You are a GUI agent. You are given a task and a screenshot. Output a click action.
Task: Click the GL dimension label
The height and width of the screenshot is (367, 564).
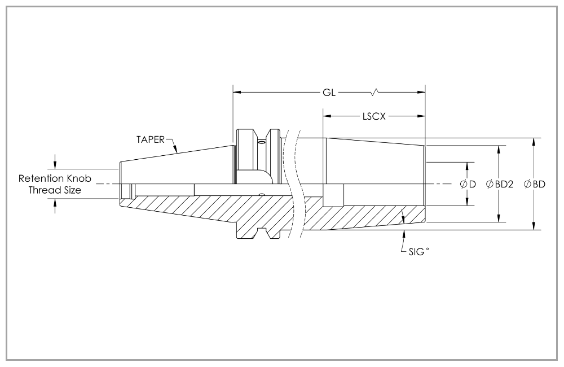(329, 92)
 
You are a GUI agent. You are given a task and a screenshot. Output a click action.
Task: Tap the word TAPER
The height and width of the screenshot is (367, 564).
(150, 139)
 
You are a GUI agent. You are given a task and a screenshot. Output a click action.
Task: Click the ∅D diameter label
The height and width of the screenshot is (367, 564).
(468, 184)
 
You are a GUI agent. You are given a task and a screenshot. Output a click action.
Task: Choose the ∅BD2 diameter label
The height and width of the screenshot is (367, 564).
(499, 184)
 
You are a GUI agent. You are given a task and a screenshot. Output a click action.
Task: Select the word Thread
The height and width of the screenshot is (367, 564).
(43, 190)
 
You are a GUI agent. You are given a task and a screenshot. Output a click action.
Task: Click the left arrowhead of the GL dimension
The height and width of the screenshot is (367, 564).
(237, 92)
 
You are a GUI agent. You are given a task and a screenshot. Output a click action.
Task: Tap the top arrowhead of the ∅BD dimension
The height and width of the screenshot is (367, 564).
(534, 141)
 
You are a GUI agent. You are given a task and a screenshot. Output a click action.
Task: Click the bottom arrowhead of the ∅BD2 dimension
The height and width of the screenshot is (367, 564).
(499, 219)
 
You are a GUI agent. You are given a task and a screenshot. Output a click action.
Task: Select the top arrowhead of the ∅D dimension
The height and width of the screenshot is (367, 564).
(468, 166)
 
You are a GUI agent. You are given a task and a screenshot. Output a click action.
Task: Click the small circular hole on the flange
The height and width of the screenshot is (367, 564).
(261, 144)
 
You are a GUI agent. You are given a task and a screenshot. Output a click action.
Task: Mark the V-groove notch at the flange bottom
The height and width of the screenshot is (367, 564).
(262, 232)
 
